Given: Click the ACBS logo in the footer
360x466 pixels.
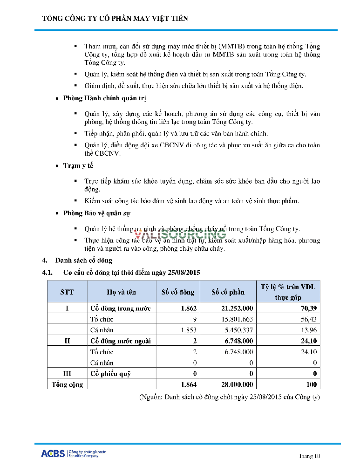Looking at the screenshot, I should (53, 453).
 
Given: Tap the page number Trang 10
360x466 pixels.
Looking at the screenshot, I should (309, 456).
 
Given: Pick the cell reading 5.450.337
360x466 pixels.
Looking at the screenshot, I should (236, 330).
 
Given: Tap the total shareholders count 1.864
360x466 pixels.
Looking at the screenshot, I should (189, 384).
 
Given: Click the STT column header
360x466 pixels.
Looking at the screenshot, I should (67, 292).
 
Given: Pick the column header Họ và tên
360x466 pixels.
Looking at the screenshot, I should (121, 292).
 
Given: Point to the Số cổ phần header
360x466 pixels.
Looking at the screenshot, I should (228, 292).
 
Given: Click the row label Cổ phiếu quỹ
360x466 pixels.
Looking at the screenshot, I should (111, 373).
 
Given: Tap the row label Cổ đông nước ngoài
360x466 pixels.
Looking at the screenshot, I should (120, 341).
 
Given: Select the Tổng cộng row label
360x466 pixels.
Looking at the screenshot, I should (67, 384).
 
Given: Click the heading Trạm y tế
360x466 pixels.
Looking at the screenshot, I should (78, 166).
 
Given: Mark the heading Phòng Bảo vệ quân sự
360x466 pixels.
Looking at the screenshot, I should (97, 213).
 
